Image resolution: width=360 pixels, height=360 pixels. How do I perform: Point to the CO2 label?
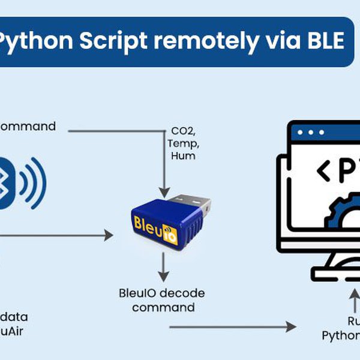coord(183,131)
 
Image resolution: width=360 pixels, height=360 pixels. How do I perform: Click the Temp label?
coord(183,143)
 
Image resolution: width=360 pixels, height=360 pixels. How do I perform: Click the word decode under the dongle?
coord(186,293)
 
